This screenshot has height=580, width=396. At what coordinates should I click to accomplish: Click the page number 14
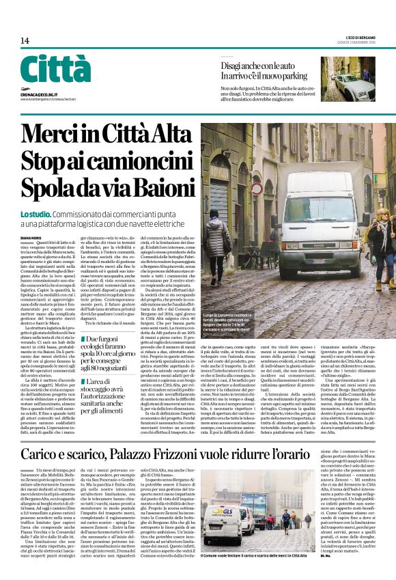tap(24, 41)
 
